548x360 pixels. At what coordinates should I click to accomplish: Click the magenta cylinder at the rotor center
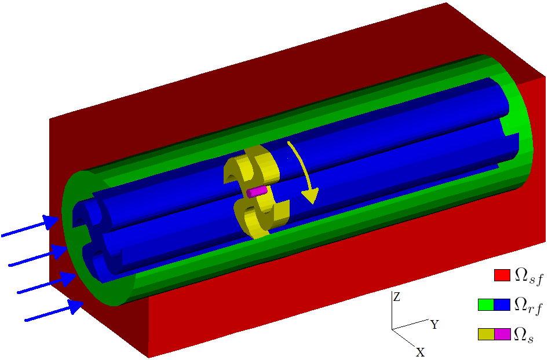(257, 192)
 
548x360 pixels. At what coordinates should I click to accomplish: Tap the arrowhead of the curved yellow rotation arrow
(311, 196)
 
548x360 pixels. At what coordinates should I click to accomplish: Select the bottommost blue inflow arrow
(54, 310)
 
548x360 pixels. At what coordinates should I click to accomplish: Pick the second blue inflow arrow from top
(38, 256)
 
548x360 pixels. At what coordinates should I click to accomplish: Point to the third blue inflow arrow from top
(47, 282)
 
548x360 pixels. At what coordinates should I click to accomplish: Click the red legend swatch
(502, 275)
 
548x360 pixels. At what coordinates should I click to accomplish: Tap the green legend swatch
(486, 304)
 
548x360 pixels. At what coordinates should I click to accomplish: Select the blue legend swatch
(502, 304)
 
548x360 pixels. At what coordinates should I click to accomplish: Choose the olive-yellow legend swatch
(486, 334)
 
